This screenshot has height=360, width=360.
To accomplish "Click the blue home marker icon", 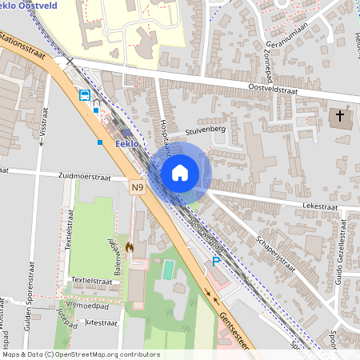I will pyautogui.click(x=180, y=173).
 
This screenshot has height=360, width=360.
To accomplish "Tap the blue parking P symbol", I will pyautogui.click(x=216, y=262).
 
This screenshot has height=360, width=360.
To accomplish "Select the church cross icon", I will pyautogui.click(x=340, y=118).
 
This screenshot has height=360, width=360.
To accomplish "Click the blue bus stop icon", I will pyautogui.click(x=84, y=94).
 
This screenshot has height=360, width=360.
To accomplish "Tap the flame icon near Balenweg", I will pyautogui.click(x=129, y=248).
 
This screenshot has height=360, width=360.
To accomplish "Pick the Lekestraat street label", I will pyautogui.click(x=321, y=206).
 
